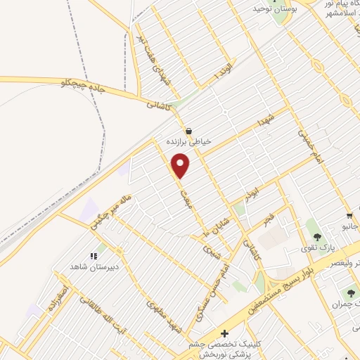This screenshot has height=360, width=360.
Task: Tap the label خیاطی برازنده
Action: point(189,141)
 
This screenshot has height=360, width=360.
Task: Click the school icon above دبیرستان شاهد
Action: point(92,257)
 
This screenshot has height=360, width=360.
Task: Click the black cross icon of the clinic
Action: point(224,333)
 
